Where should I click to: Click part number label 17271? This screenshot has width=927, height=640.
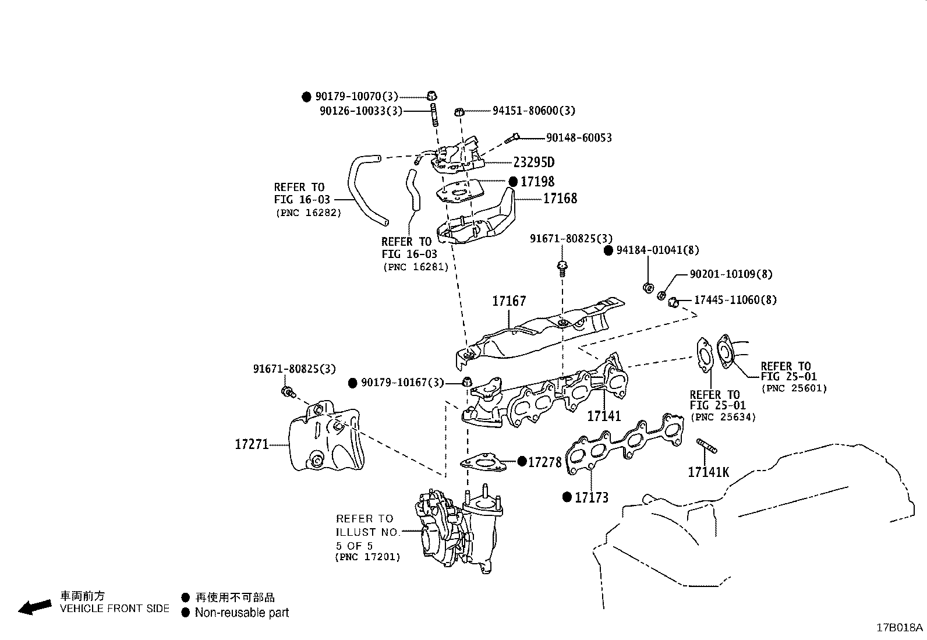(251, 444)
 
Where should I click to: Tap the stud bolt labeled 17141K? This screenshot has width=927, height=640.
(706, 447)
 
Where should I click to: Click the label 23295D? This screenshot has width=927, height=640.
(533, 162)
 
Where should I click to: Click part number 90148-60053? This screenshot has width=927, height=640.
(578, 137)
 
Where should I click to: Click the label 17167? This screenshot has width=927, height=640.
(508, 301)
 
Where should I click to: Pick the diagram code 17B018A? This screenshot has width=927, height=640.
(900, 627)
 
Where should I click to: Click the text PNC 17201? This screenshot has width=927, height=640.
(367, 557)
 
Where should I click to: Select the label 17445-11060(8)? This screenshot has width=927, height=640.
(735, 300)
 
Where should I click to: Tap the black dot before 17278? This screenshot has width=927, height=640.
(522, 462)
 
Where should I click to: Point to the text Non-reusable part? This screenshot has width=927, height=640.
(242, 613)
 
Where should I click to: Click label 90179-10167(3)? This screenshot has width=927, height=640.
(402, 383)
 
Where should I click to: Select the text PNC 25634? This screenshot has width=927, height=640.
(723, 418)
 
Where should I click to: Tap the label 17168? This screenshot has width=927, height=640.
(560, 199)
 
